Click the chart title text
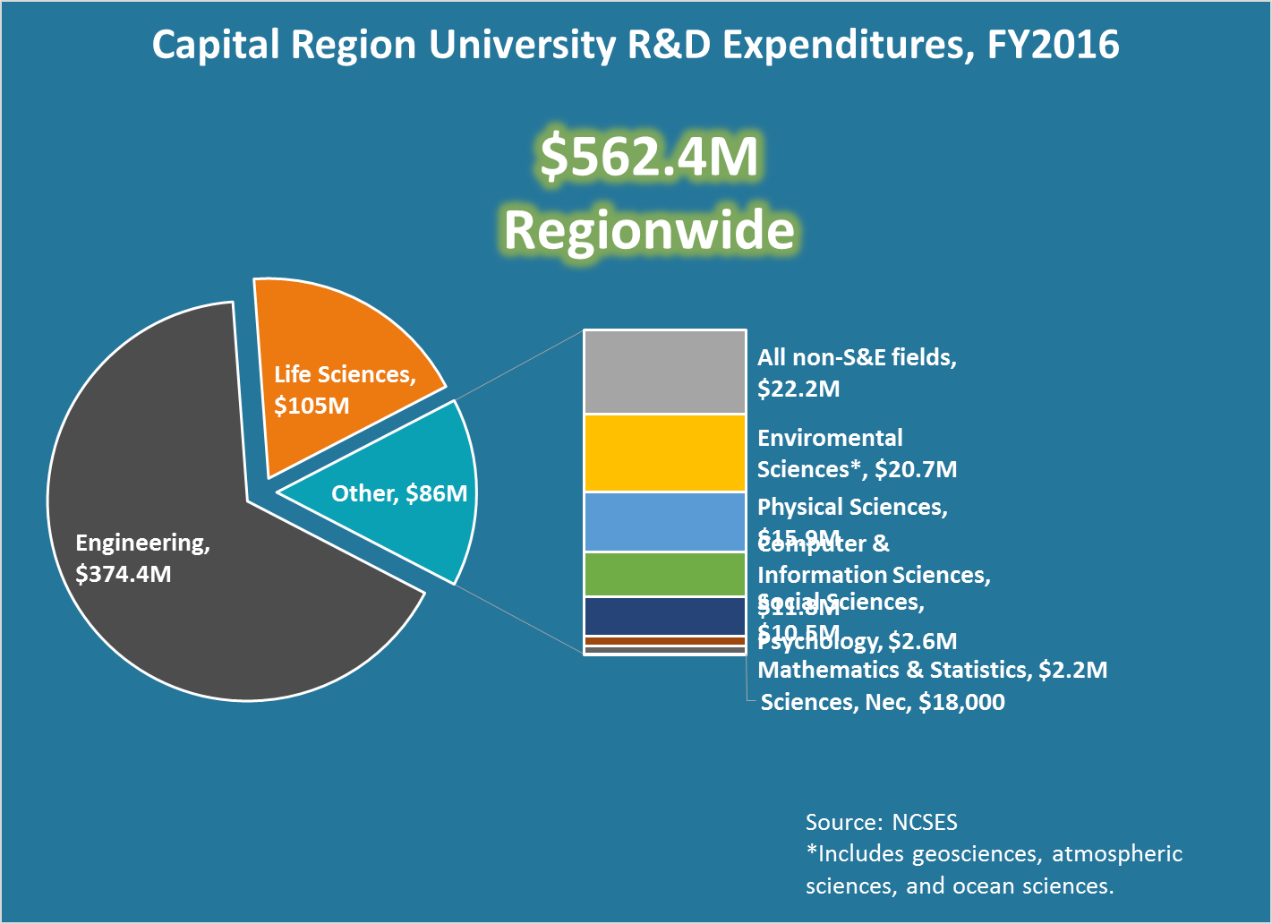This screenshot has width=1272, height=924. tap(636, 45)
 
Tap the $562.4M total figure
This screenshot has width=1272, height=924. tap(649, 156)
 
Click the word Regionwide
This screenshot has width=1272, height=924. tap(649, 230)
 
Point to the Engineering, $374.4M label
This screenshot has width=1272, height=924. tap(142, 558)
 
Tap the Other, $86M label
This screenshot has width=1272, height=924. tap(399, 493)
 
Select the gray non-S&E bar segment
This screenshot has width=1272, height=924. tap(664, 372)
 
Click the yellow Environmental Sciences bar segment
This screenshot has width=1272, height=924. tap(664, 453)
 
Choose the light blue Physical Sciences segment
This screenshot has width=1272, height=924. tap(664, 522)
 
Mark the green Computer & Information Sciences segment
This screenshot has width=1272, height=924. tap(664, 574)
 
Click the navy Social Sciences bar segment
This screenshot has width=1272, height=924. tap(664, 616)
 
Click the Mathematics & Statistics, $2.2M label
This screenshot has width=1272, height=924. tap(932, 670)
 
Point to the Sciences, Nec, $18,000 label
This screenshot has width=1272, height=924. tap(883, 702)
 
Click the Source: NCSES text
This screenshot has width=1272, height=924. tap(881, 822)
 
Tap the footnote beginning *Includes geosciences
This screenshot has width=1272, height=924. tap(994, 869)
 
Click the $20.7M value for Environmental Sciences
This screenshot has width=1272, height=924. tap(916, 469)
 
